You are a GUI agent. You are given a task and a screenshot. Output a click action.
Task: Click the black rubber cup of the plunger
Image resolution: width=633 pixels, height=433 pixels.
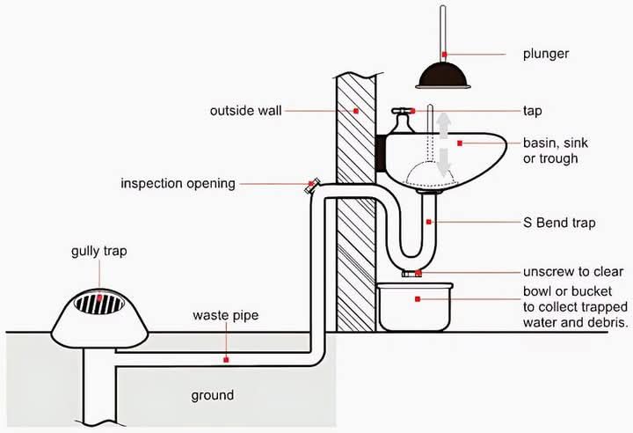tap(443, 76)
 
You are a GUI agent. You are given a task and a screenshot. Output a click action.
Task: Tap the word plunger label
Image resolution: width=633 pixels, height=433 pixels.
tap(546, 54)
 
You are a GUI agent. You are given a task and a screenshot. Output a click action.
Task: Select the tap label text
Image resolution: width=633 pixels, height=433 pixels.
tap(533, 111)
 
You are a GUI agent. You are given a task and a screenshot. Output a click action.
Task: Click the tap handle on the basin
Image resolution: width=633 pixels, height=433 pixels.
tap(403, 110)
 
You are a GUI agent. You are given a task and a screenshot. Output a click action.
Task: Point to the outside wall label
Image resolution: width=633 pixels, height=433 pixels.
tap(245, 111)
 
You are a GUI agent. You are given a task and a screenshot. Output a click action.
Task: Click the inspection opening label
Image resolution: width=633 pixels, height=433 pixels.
tap(178, 184)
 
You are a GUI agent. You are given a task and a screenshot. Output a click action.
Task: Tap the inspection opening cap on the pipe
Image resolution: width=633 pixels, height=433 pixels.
tap(311, 185)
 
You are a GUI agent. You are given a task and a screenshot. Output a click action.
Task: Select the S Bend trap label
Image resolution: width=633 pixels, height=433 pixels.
tap(559, 223)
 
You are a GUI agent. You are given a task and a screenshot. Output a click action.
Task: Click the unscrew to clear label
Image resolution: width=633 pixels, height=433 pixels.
tap(573, 272)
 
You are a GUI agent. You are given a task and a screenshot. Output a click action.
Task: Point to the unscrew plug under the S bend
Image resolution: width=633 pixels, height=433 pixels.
tap(411, 274)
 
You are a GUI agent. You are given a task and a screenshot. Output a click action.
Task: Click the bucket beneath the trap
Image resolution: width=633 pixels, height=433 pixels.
tap(415, 307)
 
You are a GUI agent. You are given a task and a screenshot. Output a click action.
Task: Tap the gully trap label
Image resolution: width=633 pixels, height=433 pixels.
tap(98, 252)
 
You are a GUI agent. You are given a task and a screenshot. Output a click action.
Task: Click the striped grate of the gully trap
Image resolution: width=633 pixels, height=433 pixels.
tap(98, 303)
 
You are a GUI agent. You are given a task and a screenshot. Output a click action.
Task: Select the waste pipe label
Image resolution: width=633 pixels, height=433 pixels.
tap(226, 315)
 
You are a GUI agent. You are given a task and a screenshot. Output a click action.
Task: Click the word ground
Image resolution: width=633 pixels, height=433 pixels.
tap(213, 395)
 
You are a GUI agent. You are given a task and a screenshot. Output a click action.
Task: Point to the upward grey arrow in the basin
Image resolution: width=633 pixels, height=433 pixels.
tap(444, 125)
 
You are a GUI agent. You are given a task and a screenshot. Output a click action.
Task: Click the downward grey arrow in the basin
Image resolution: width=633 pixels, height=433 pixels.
tap(444, 162)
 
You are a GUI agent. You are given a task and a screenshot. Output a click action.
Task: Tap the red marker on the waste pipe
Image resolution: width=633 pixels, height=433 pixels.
tap(226, 359)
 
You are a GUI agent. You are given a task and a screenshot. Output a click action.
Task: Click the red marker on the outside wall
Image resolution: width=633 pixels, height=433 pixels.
tap(356, 111)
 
